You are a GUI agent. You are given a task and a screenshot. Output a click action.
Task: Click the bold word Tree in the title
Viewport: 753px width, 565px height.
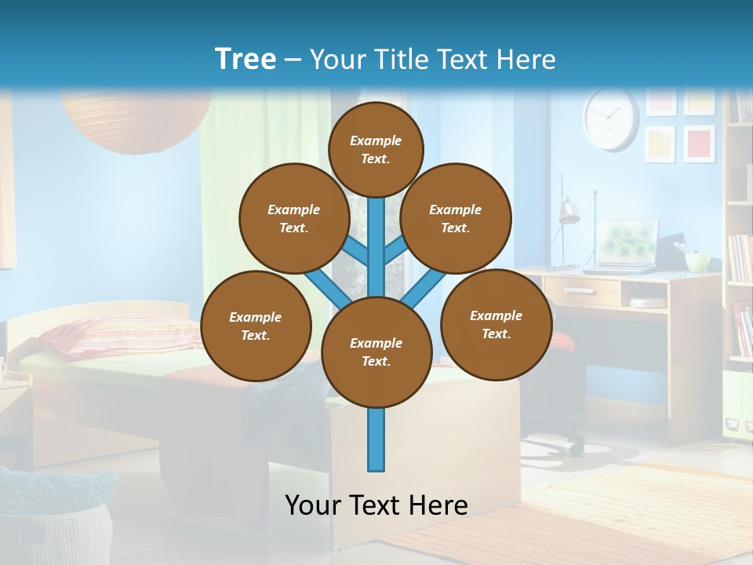[246, 59]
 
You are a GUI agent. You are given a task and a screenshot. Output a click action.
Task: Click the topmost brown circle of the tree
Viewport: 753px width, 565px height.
[376, 149]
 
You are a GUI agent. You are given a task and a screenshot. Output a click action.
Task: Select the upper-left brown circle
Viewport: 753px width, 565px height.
[293, 218]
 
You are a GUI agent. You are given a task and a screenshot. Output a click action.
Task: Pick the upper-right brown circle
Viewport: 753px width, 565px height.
[456, 218]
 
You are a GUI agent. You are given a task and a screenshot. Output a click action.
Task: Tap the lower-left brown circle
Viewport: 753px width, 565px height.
[256, 326]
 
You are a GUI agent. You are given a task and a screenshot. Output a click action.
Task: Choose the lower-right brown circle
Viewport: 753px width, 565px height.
[497, 324]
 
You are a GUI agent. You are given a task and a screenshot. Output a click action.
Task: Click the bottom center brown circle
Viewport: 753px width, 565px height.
[376, 352]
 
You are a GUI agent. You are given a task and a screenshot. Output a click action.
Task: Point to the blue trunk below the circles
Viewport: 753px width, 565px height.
[376, 439]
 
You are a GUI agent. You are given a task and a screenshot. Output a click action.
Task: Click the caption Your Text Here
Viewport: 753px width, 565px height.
[376, 505]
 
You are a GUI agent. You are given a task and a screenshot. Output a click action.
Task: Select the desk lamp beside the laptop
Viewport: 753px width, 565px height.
[568, 212]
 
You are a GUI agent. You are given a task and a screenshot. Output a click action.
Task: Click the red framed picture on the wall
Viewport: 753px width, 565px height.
[698, 144]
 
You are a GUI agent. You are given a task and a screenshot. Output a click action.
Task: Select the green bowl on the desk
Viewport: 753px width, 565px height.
[697, 261]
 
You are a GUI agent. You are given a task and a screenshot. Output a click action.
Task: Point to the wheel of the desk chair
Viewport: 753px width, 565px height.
[577, 449]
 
